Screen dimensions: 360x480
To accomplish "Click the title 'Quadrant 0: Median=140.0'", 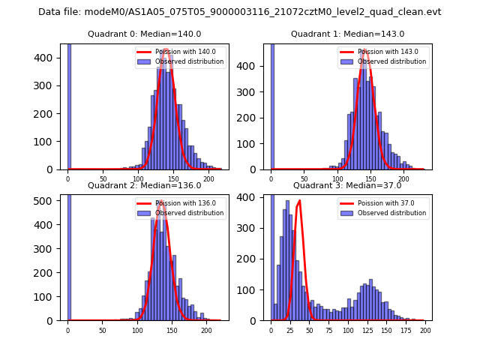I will click(x=145, y=34).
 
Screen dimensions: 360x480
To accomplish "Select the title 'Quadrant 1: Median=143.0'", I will click(x=347, y=34).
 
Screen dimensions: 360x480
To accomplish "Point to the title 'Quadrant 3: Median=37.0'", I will click(x=347, y=185).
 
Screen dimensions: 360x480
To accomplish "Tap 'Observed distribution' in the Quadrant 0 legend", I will click(x=189, y=61).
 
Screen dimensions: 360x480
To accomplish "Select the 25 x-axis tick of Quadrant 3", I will click(x=290, y=328).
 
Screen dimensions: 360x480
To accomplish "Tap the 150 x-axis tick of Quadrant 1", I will click(x=370, y=178).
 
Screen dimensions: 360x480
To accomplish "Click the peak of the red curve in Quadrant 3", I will click(x=300, y=200).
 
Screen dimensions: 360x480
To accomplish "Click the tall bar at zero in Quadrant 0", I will click(x=68, y=105).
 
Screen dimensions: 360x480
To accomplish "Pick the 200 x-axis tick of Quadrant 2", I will click(x=206, y=328).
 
